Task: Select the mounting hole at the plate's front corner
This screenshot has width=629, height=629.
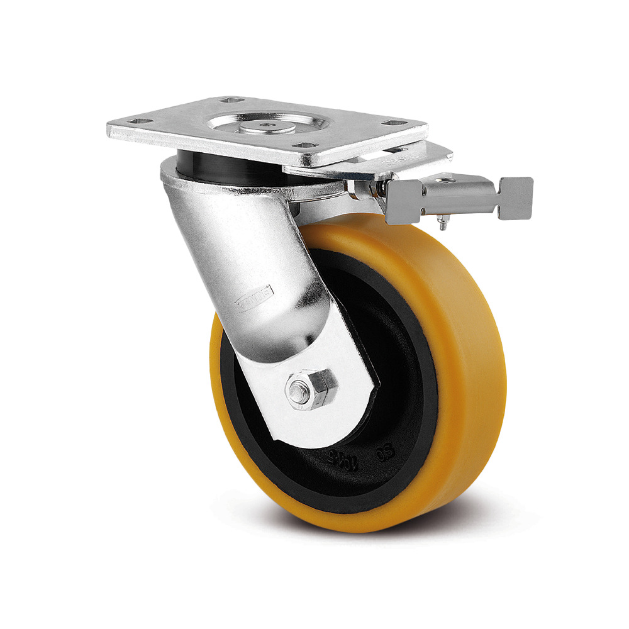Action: [x=304, y=146]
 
